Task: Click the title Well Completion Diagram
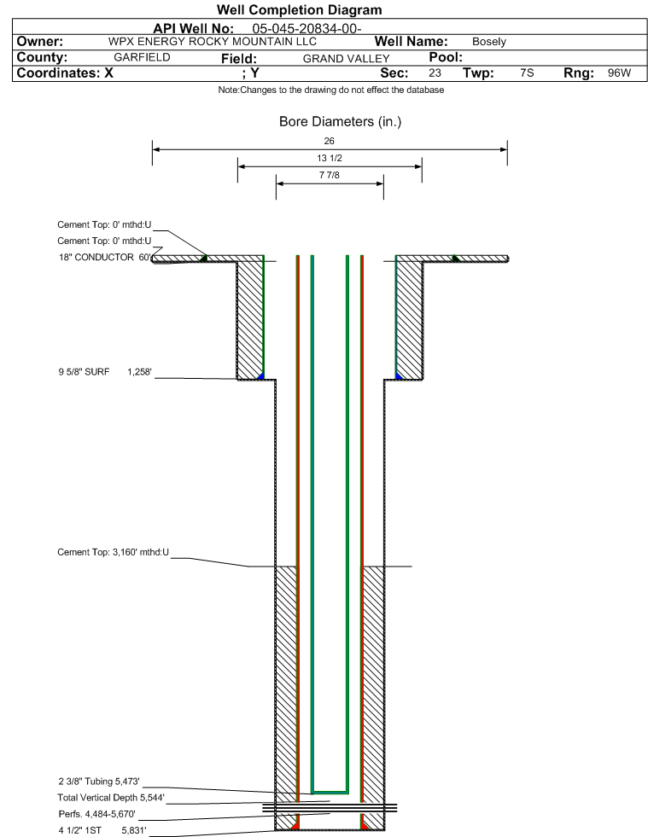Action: point(300,10)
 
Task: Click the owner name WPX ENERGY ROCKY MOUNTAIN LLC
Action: point(213,42)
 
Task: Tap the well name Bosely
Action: point(489,42)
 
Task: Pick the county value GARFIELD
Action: point(142,58)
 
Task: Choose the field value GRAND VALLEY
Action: point(346,59)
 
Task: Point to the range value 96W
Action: point(619,73)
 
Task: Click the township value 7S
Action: point(527,73)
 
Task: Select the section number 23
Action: point(435,73)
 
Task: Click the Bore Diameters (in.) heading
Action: point(340,122)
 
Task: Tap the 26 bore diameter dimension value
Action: point(330,140)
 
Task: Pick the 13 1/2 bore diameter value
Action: point(330,159)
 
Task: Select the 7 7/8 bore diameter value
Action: point(330,176)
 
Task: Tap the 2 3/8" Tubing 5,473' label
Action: point(98,782)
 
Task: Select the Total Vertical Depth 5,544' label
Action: point(111,798)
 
